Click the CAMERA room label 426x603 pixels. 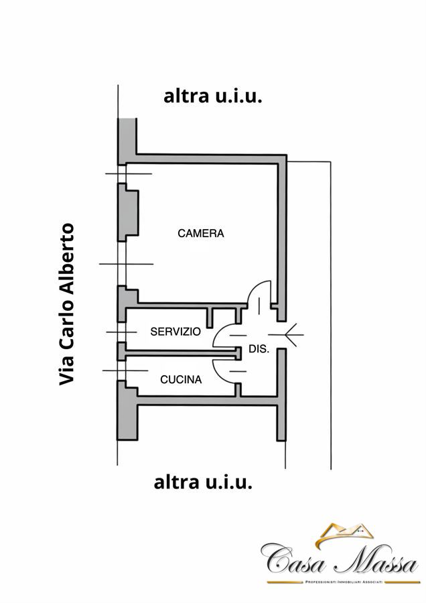coord(201,233)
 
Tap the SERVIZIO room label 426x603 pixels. coord(175,332)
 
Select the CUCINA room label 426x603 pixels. coord(181,380)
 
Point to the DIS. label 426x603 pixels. coord(259,349)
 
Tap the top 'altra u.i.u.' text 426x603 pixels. coord(212,96)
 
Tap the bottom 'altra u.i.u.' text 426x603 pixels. coord(203,482)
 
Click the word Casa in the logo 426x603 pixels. coord(293,558)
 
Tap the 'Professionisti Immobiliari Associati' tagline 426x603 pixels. coord(344,582)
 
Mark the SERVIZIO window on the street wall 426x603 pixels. coord(121,332)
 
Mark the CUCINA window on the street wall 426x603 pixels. coord(121,371)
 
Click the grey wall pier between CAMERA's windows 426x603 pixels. coord(127,212)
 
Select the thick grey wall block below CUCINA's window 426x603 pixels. coord(127,411)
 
